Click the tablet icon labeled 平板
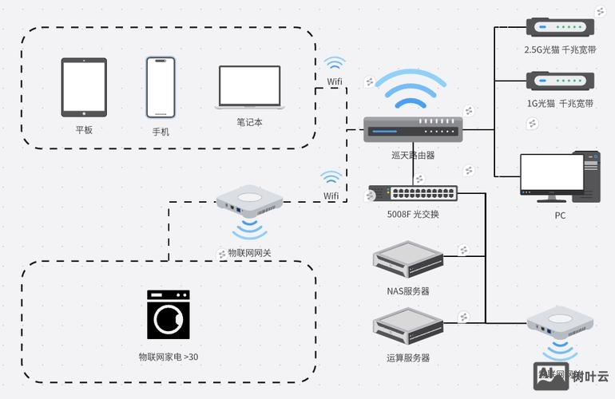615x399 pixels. (84, 87)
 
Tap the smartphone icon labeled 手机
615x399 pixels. (160, 86)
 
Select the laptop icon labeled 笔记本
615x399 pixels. (249, 87)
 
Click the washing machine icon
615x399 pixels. (169, 314)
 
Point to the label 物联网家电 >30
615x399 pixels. (169, 357)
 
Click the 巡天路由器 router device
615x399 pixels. (412, 128)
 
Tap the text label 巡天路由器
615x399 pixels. (413, 155)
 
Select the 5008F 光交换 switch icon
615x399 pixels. (413, 194)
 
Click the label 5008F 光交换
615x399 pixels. (413, 214)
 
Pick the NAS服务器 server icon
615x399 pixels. (408, 260)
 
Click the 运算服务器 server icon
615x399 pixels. (408, 326)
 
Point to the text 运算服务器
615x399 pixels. (408, 358)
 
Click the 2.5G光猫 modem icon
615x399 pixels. (559, 27)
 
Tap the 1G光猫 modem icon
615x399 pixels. (559, 81)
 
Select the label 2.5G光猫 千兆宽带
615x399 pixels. (559, 49)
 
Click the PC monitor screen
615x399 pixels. (552, 173)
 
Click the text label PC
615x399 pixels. (560, 215)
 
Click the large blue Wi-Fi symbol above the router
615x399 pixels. (411, 89)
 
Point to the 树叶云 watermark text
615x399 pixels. (590, 377)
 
